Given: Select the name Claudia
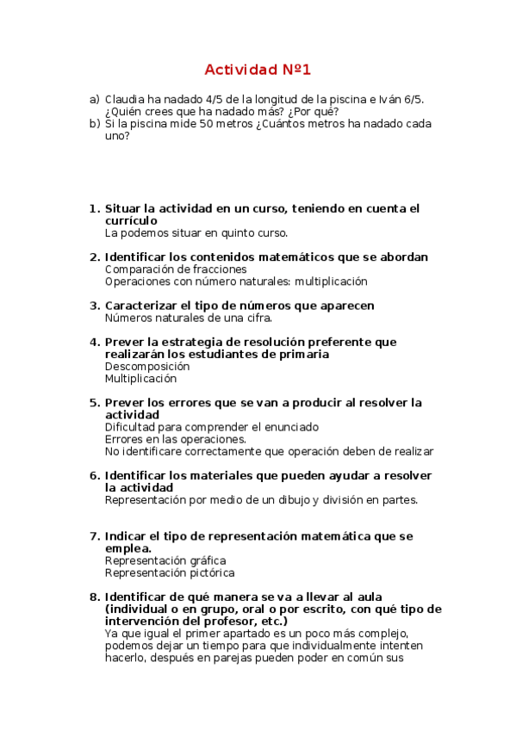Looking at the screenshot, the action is [x=125, y=100].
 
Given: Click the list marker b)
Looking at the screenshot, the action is [x=95, y=124].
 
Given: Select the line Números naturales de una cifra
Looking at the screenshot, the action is [x=188, y=318].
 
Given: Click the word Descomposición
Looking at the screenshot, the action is [x=146, y=366].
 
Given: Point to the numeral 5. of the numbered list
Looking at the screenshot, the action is [x=95, y=402].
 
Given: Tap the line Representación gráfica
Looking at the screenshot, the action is [x=165, y=560].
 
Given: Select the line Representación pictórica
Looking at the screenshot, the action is [x=169, y=572].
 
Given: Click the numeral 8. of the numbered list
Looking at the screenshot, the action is [x=95, y=597].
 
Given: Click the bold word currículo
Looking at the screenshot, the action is [x=131, y=220].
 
